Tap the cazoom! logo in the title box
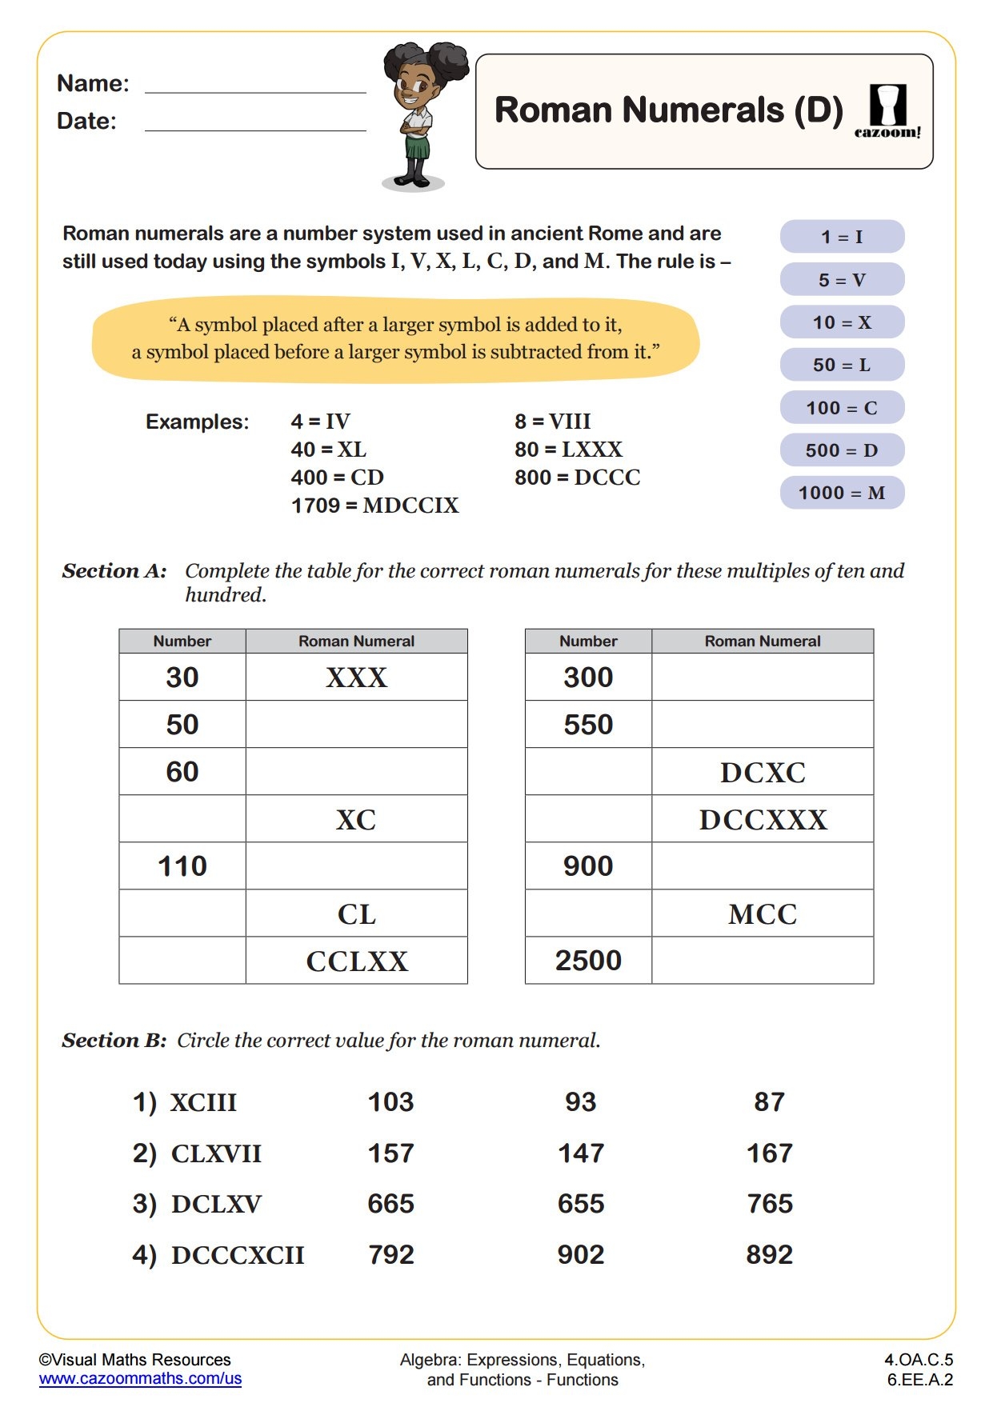click(x=887, y=111)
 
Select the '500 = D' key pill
click(x=842, y=450)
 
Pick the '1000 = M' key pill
click(x=842, y=493)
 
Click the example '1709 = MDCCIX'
click(x=374, y=506)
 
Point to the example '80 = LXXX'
click(x=568, y=450)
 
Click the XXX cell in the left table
click(x=356, y=678)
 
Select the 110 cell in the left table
click(x=182, y=866)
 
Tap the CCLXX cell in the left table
click(x=356, y=961)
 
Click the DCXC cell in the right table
click(x=763, y=772)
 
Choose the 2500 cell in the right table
click(x=588, y=961)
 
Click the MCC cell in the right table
click(x=763, y=913)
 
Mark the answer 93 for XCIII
click(x=580, y=1102)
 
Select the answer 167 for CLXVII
click(x=769, y=1153)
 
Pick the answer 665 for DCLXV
click(x=390, y=1204)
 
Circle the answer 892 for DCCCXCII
click(x=769, y=1255)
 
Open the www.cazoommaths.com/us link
click(x=140, y=1378)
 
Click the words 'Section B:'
click(x=114, y=1041)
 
